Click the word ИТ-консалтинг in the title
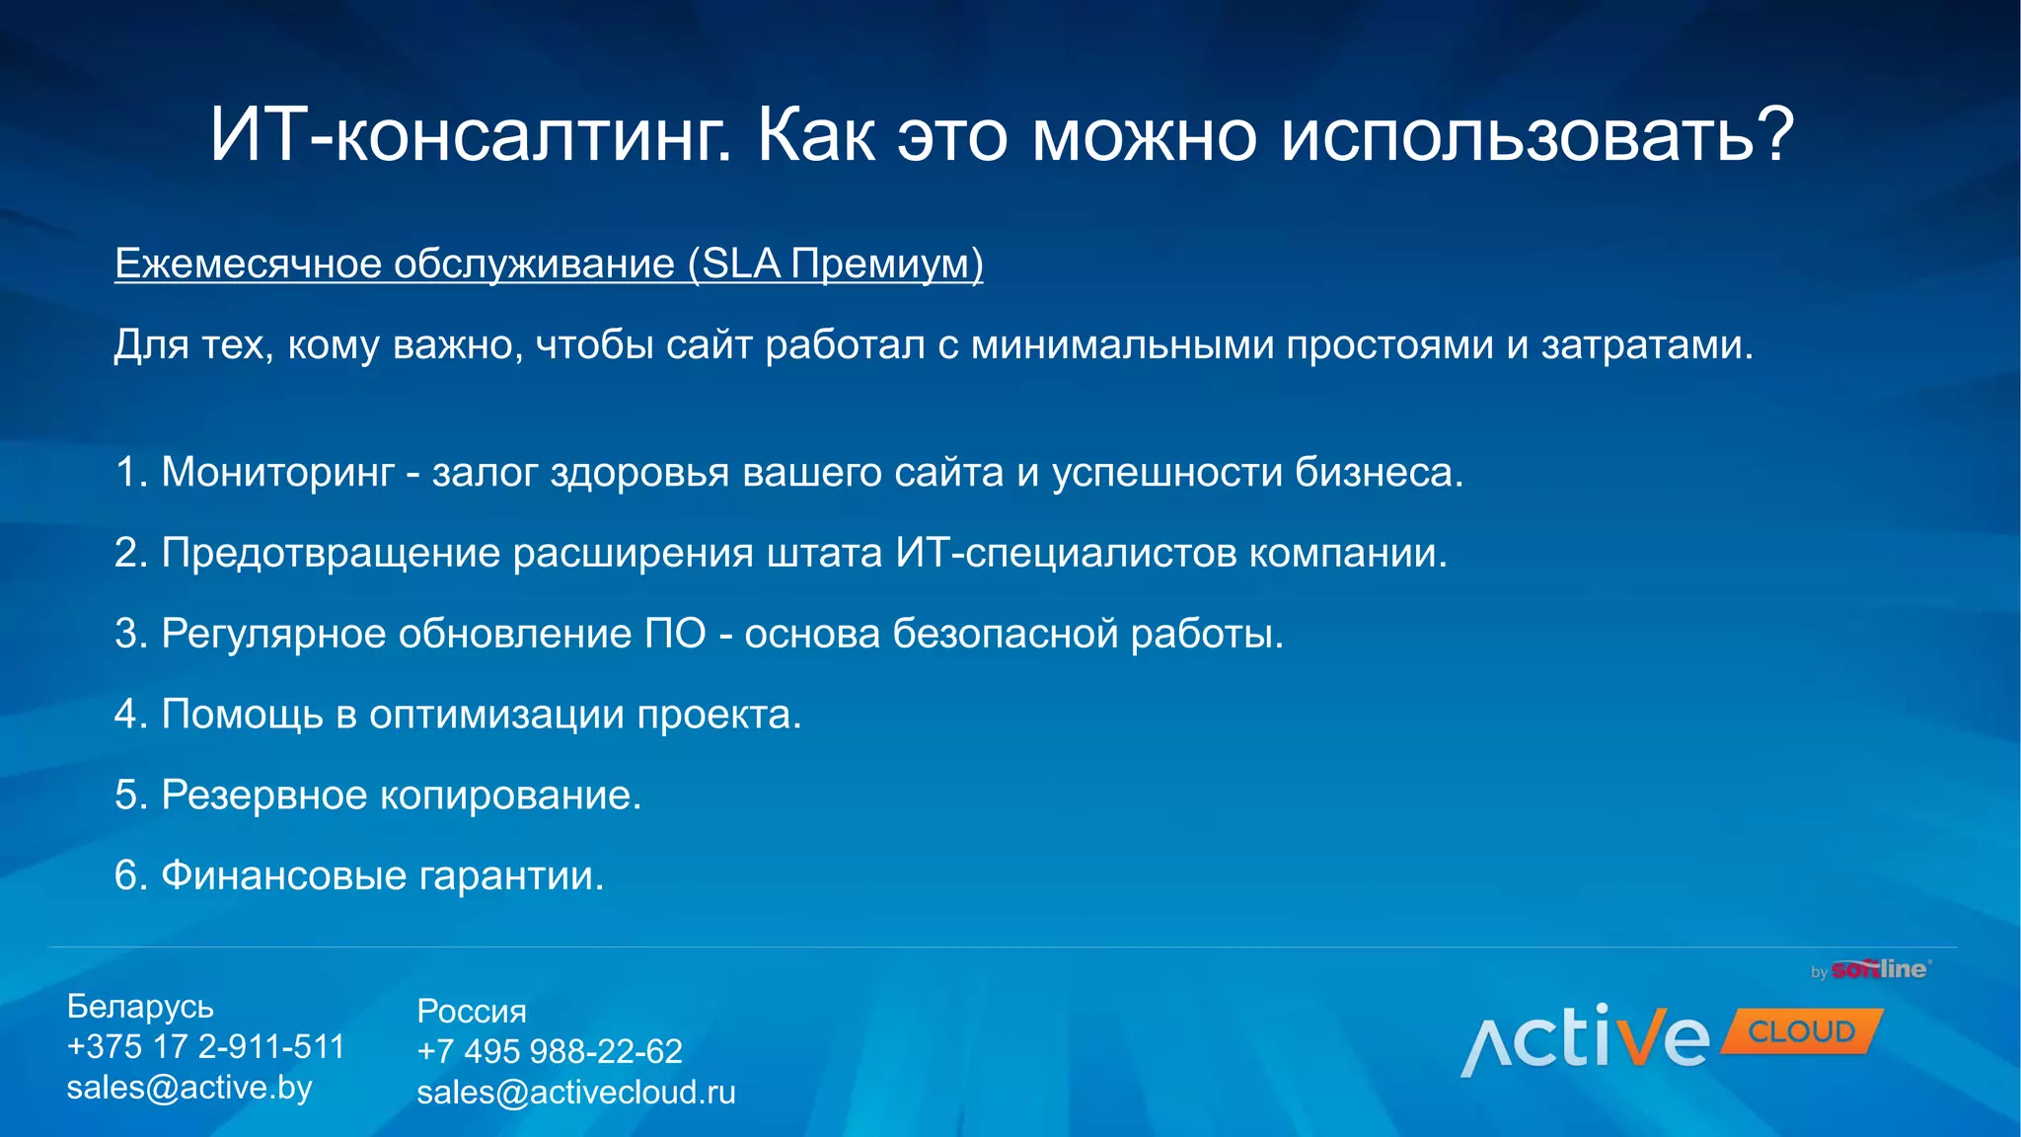pos(470,135)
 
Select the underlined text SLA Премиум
pos(836,264)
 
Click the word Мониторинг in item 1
pos(277,473)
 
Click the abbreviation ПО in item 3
pos(675,634)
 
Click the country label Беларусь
pos(140,1006)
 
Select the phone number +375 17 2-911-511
pos(205,1046)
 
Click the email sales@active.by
pos(189,1088)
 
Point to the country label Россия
pos(472,1011)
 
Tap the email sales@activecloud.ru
pos(576,1093)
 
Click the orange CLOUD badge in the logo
pos(1801,1031)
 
